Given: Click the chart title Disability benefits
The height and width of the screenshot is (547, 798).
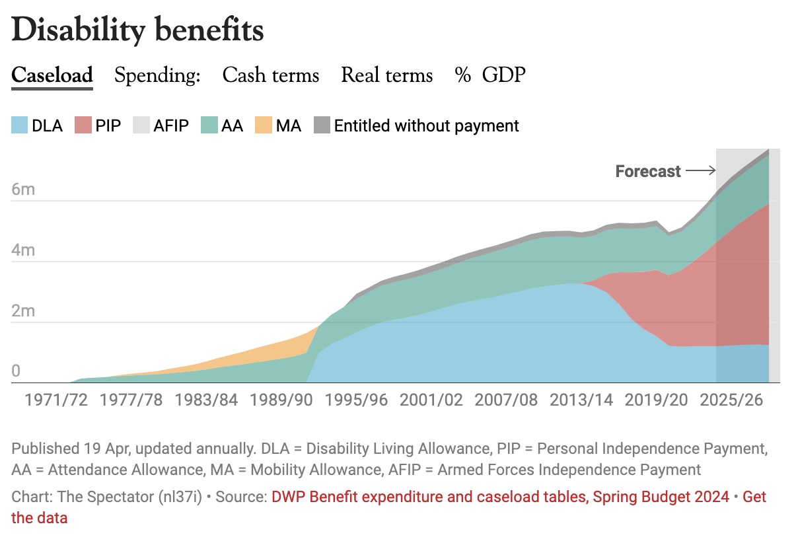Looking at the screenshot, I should tap(137, 30).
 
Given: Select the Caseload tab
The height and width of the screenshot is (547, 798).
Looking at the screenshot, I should tap(52, 75).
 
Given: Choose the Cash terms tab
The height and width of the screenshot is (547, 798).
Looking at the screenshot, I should tap(270, 75).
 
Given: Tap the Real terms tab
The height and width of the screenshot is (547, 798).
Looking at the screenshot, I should tap(386, 75).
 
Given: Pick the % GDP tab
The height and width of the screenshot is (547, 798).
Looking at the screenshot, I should tap(490, 75).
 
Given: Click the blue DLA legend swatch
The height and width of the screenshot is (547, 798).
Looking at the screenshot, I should tap(20, 126).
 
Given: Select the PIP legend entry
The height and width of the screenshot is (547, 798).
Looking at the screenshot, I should tap(98, 126).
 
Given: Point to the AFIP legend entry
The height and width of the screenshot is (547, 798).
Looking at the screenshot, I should tap(162, 126).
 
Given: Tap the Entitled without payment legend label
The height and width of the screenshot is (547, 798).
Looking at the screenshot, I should tap(426, 126).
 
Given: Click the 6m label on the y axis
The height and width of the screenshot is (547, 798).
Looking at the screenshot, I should tap(23, 190).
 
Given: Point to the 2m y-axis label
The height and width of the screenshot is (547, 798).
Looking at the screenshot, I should tap(23, 312).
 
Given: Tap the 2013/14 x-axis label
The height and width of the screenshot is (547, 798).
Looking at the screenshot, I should tap(581, 400).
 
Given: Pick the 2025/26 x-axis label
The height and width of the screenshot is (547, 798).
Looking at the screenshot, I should tap(732, 400).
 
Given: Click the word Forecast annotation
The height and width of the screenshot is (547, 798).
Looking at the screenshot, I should tap(648, 172).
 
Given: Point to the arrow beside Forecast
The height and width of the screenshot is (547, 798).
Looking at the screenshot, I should tap(700, 171).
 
